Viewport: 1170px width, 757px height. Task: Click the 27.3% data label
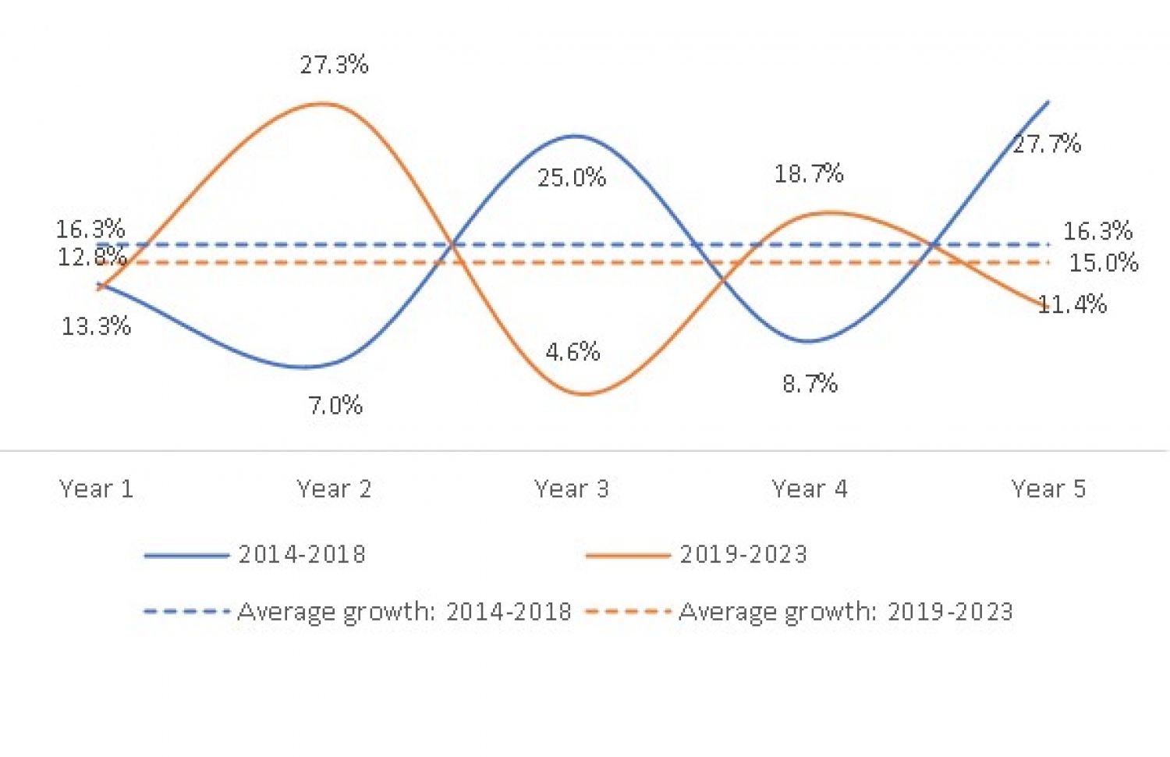tap(334, 65)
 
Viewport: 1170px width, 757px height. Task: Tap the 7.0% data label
tap(335, 406)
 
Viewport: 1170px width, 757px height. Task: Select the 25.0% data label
tap(572, 178)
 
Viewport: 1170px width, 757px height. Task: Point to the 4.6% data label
tap(573, 352)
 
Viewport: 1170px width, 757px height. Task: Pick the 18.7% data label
tap(809, 173)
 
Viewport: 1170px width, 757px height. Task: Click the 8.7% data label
tap(810, 384)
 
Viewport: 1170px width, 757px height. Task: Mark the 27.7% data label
tap(1047, 144)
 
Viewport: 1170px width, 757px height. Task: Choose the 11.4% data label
tap(1073, 304)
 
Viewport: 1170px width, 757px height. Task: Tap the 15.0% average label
tap(1104, 263)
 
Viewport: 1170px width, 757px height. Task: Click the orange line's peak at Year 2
tap(324, 103)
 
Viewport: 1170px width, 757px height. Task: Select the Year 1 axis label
tap(97, 489)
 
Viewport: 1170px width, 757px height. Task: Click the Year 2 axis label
tap(334, 489)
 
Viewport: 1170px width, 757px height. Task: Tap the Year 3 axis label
tap(572, 489)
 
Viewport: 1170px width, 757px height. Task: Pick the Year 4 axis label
tap(810, 489)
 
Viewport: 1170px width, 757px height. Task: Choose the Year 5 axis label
tap(1048, 489)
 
